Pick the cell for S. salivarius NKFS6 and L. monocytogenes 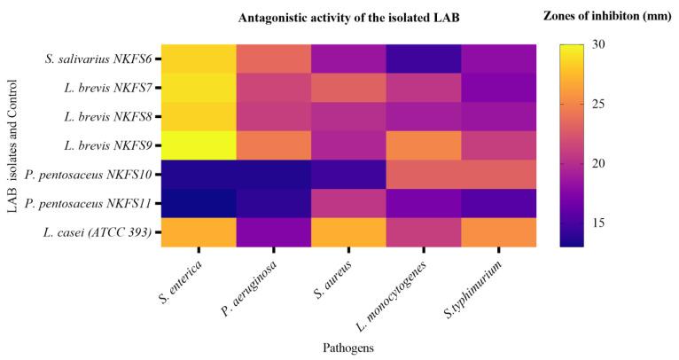(422, 59)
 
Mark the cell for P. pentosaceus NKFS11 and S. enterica (199, 202)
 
